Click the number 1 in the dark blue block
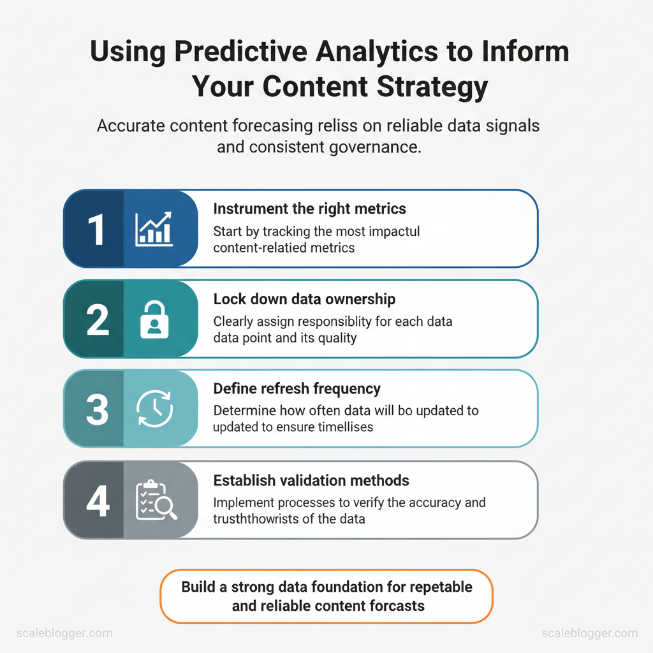click(x=96, y=230)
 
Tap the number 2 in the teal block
click(x=98, y=319)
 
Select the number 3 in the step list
click(x=97, y=410)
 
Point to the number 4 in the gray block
click(x=98, y=501)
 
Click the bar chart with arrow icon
click(x=154, y=229)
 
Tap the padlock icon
click(x=154, y=319)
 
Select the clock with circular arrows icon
click(x=154, y=409)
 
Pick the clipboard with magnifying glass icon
click(x=156, y=500)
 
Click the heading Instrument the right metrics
click(x=309, y=209)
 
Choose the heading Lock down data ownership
click(x=304, y=299)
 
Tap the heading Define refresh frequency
click(x=297, y=389)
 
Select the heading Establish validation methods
click(x=311, y=481)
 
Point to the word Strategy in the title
click(x=432, y=87)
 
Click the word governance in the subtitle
click(x=372, y=147)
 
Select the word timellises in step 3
click(x=346, y=427)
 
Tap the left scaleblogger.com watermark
click(x=64, y=633)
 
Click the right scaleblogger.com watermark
click(x=590, y=633)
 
